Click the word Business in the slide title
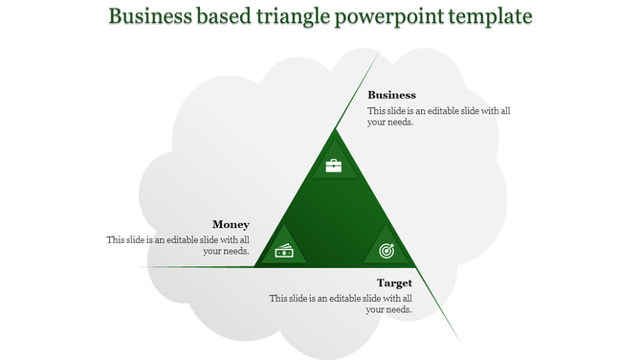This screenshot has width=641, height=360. pyautogui.click(x=153, y=17)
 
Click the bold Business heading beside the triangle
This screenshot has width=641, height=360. pyautogui.click(x=391, y=95)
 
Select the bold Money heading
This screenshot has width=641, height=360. pyautogui.click(x=231, y=224)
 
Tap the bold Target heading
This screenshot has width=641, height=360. pyautogui.click(x=394, y=282)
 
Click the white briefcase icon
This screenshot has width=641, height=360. pyautogui.click(x=333, y=166)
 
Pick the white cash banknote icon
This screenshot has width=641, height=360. pyautogui.click(x=284, y=251)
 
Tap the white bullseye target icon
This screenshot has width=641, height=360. pyautogui.click(x=387, y=251)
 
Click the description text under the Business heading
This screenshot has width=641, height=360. pyautogui.click(x=438, y=116)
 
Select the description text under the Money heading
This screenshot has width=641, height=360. pyautogui.click(x=179, y=245)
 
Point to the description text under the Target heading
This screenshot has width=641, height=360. pyautogui.click(x=342, y=304)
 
